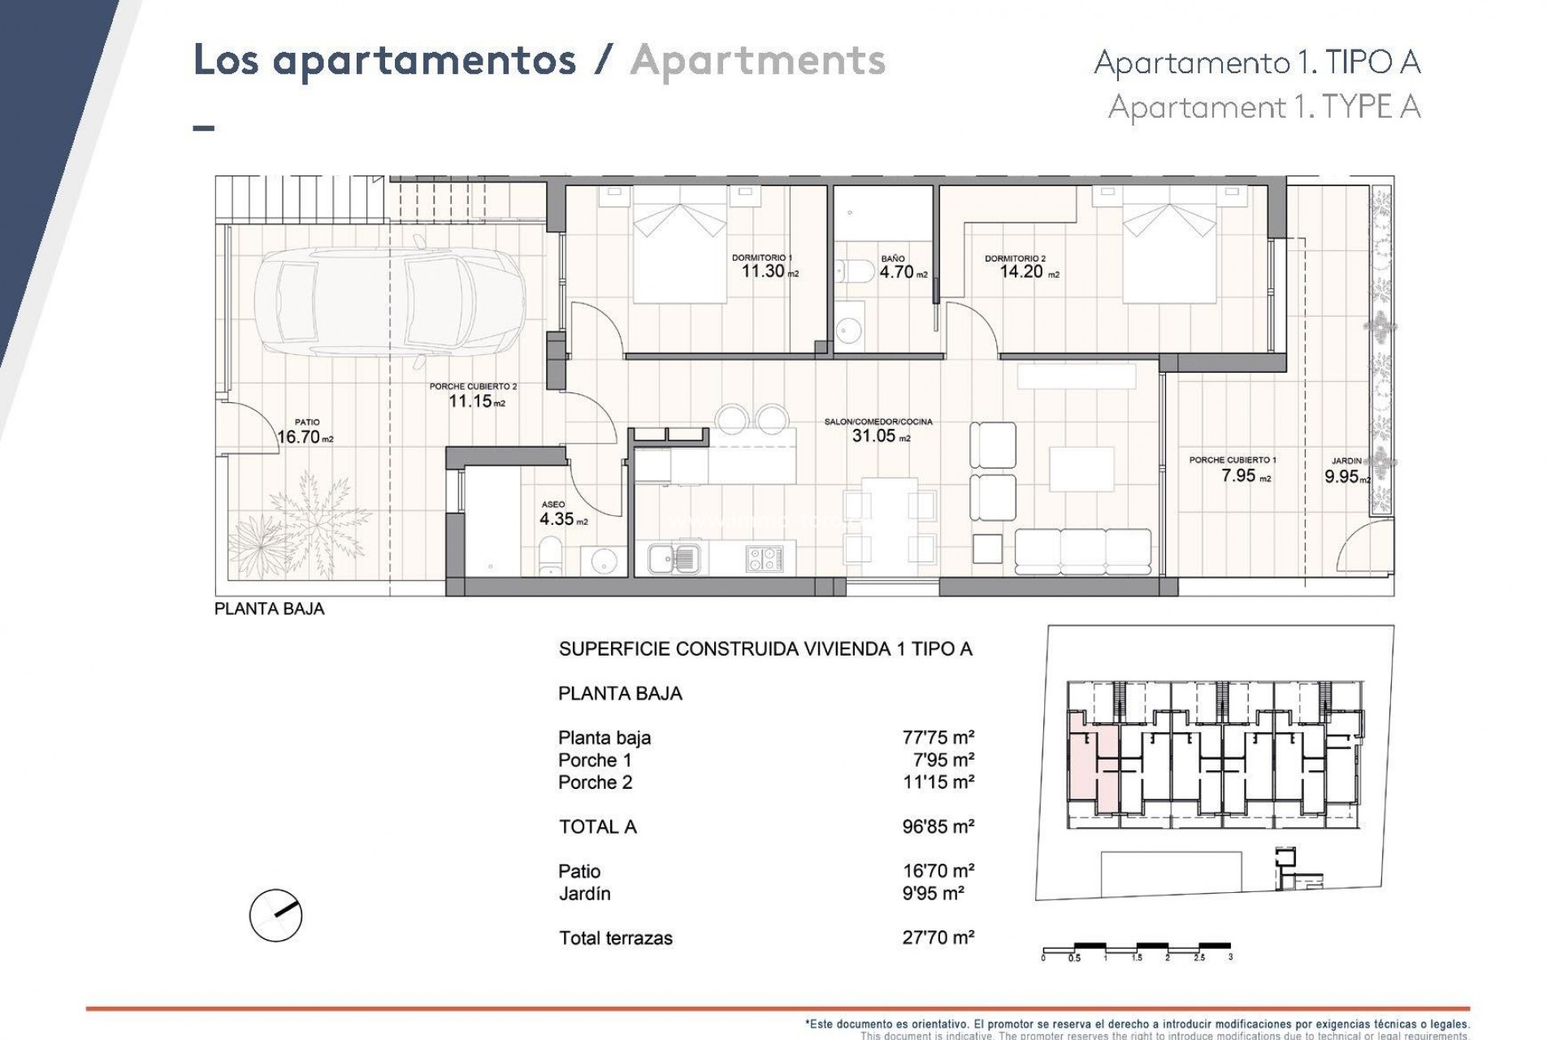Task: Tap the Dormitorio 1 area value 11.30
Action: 762,271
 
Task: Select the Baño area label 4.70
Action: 897,273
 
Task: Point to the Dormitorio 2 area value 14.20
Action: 1021,272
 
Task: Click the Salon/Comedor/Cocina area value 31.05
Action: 873,435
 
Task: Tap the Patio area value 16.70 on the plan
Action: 297,437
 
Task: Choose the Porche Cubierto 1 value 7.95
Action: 1239,476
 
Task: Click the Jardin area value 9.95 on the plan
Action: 1341,477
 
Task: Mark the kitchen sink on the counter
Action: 673,558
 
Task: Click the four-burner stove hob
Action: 765,558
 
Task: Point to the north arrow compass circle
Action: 275,915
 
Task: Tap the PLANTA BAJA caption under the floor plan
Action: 269,609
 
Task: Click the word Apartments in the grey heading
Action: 757,62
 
